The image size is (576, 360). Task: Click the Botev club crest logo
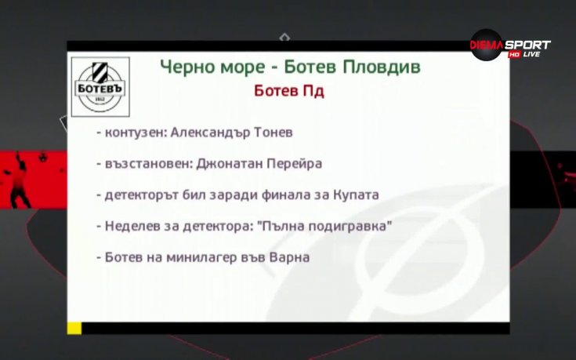(x=100, y=87)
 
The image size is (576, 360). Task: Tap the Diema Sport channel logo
(x=509, y=49)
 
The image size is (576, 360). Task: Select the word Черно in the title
(x=185, y=67)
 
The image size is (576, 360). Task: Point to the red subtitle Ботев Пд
(x=289, y=91)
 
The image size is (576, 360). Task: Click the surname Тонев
(x=272, y=133)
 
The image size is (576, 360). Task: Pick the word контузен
(x=133, y=133)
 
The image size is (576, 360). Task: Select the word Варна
(x=292, y=257)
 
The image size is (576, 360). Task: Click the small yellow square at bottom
(x=74, y=328)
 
